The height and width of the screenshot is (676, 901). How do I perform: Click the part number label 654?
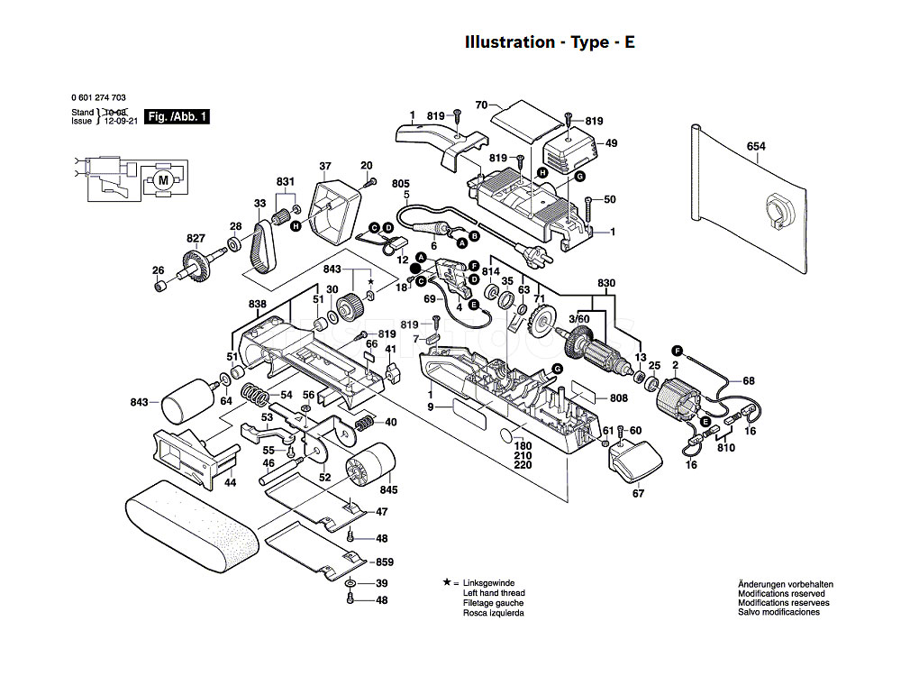[x=756, y=147]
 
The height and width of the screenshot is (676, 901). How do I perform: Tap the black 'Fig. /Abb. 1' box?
[x=177, y=116]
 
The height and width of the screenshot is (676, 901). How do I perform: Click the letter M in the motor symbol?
[x=163, y=180]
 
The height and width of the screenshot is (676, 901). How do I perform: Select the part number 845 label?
[x=388, y=489]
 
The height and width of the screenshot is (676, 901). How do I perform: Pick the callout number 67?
[x=639, y=493]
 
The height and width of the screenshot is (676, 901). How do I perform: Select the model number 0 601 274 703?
[x=98, y=97]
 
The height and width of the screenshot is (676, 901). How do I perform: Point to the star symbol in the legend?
[x=447, y=582]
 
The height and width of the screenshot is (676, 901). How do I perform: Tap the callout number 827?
[x=196, y=239]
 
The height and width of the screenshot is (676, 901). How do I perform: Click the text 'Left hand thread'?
[x=494, y=593]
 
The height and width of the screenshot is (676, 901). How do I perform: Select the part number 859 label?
[x=385, y=562]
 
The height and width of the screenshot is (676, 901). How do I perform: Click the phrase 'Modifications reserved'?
[x=781, y=594]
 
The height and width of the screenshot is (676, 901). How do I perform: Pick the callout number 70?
[x=481, y=105]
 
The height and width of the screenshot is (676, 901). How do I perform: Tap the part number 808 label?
[x=618, y=397]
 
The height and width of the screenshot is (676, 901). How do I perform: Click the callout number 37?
[x=325, y=166]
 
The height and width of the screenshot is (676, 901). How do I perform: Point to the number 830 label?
[x=606, y=283]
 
